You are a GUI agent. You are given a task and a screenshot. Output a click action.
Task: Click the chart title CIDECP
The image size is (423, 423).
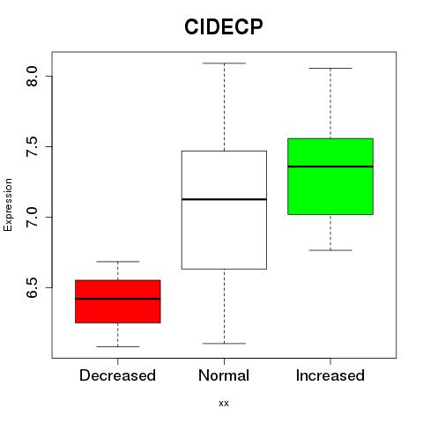(x=224, y=26)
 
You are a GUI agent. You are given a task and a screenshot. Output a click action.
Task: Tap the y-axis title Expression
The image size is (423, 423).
(x=8, y=204)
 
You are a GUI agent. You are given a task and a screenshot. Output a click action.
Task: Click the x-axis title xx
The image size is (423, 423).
(x=224, y=403)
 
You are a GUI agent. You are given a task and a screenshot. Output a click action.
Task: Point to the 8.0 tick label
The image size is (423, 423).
(x=32, y=76)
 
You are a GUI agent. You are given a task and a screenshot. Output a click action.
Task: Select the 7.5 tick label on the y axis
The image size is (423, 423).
(x=32, y=146)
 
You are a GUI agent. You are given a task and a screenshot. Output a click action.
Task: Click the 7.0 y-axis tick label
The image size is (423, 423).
(x=32, y=217)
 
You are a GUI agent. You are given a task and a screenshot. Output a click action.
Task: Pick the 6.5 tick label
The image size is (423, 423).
(x=32, y=287)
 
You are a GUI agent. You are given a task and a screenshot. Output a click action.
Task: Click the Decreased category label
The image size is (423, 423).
(x=117, y=375)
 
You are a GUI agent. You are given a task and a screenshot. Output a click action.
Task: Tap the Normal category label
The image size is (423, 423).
(x=224, y=375)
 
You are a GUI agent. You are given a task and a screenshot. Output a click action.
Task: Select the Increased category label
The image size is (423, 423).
(x=330, y=375)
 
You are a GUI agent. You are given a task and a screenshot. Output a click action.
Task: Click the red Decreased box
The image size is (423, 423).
(x=118, y=301)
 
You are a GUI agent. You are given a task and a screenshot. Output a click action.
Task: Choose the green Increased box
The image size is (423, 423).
(x=330, y=176)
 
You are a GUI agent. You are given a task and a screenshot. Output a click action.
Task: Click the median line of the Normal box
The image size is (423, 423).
(x=224, y=199)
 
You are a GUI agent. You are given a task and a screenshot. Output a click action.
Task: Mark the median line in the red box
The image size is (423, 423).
(x=118, y=299)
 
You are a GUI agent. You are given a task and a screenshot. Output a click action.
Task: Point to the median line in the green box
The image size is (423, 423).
(x=330, y=167)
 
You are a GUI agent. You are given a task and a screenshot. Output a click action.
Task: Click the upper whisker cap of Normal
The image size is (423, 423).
(x=224, y=63)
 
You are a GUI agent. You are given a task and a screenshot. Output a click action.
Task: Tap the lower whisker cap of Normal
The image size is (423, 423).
(x=224, y=343)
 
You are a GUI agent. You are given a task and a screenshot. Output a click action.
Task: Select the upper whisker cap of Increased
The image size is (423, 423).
(x=330, y=68)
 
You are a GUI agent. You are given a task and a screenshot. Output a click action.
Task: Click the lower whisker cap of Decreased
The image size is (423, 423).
(x=118, y=346)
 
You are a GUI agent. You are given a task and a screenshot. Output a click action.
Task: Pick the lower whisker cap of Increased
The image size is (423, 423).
(x=330, y=250)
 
